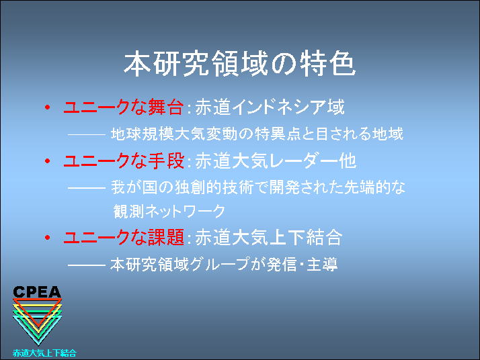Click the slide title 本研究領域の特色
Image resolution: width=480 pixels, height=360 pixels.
coord(240,64)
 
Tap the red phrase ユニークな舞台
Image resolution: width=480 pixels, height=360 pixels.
coord(124,107)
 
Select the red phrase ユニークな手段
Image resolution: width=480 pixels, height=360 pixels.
coord(124,161)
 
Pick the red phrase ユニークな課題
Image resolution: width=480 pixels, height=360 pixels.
coord(124,237)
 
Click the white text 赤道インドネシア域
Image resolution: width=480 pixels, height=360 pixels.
coord(270,107)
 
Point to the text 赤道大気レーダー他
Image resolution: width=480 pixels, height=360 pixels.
coord(276,161)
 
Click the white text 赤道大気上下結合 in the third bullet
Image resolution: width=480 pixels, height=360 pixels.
coord(268,237)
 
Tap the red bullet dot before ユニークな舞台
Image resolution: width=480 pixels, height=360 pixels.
coord(48,107)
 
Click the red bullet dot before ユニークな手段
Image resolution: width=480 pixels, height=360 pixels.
coord(48,161)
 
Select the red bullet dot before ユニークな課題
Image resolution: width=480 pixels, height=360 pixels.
coord(48,237)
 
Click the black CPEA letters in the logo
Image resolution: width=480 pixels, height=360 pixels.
coord(37,291)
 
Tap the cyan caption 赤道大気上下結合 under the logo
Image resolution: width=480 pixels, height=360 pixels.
coord(44,353)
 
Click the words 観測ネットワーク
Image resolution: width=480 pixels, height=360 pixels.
coord(169,211)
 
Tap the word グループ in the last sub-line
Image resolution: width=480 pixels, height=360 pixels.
coord(219,264)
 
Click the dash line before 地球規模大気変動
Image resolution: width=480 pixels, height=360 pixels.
coord(87,134)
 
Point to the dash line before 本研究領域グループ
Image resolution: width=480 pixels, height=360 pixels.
coord(87,265)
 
